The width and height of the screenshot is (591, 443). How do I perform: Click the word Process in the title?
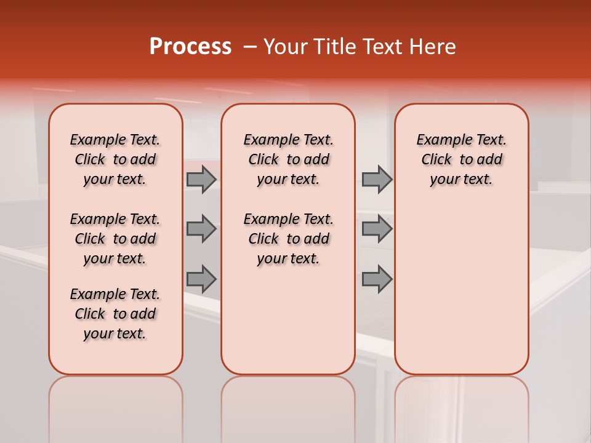[x=190, y=47]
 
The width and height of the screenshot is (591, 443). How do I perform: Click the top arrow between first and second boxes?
[x=201, y=180]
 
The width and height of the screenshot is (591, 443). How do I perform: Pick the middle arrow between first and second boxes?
[x=201, y=229]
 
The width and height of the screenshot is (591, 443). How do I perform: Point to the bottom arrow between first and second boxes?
[x=201, y=279]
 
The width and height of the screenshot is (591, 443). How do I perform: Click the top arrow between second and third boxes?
[x=377, y=180]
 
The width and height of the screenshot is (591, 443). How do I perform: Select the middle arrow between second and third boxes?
[x=377, y=229]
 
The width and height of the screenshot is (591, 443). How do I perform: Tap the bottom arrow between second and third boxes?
[x=377, y=279]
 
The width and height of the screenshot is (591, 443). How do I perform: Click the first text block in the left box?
[x=115, y=159]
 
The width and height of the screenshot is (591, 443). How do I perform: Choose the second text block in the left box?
[x=115, y=239]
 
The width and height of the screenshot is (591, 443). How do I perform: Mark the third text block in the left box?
[x=115, y=314]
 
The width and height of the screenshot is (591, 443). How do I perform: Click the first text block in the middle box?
[x=288, y=159]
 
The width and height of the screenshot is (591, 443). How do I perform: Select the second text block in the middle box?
[x=288, y=239]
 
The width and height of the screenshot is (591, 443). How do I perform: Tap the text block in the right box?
[x=461, y=159]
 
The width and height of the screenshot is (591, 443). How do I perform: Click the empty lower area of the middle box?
[x=288, y=320]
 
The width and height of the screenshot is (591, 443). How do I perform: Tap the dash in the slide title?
[x=249, y=47]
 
